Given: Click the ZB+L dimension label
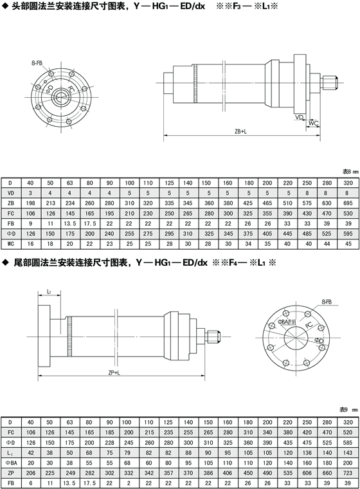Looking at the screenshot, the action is pos(240,132).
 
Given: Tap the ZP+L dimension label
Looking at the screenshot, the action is pos(114,373).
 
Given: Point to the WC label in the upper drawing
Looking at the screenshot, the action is pos(314,123).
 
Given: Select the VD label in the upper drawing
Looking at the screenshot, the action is pos(299,117).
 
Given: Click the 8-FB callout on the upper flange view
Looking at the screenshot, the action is pos(37,63).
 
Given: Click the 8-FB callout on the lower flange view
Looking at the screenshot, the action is pos(327,302).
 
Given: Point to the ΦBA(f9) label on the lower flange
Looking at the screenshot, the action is pos(287,321).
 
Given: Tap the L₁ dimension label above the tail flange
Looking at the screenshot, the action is pos(49,291).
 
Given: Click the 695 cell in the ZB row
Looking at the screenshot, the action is pos(348,203).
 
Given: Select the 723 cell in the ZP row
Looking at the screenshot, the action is pos(348,473).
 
